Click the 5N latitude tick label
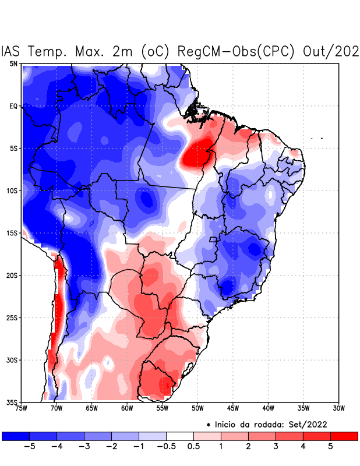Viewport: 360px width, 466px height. pyautogui.click(x=13, y=63)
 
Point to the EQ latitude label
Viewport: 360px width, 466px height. pyautogui.click(x=13, y=106)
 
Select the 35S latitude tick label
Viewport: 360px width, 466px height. pyautogui.click(x=12, y=402)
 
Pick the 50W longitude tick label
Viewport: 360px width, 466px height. pyautogui.click(x=197, y=408)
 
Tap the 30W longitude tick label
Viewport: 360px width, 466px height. pyautogui.click(x=339, y=408)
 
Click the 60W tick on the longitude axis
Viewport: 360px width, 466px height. pyautogui.click(x=127, y=408)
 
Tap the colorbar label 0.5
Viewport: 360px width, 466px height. pyautogui.click(x=194, y=447)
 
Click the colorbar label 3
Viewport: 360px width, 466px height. pyautogui.click(x=276, y=447)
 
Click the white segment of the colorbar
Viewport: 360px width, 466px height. pyautogui.click(x=180, y=436)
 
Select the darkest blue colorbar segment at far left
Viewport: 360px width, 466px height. pyautogui.click(x=16, y=436)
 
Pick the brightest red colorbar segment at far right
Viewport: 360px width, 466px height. pyautogui.click(x=344, y=436)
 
